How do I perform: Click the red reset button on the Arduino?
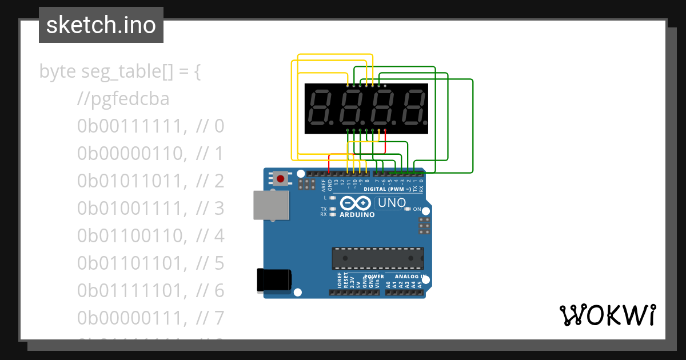[x=280, y=178]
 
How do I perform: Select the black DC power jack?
[x=274, y=279]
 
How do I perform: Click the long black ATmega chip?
[x=378, y=258]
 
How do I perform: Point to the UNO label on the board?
[x=392, y=203]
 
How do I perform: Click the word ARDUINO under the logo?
[x=357, y=215]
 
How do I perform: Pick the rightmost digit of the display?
[x=412, y=109]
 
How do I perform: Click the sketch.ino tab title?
[x=101, y=25]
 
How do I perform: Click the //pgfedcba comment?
[x=123, y=99]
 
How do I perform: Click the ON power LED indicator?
[x=408, y=209]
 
